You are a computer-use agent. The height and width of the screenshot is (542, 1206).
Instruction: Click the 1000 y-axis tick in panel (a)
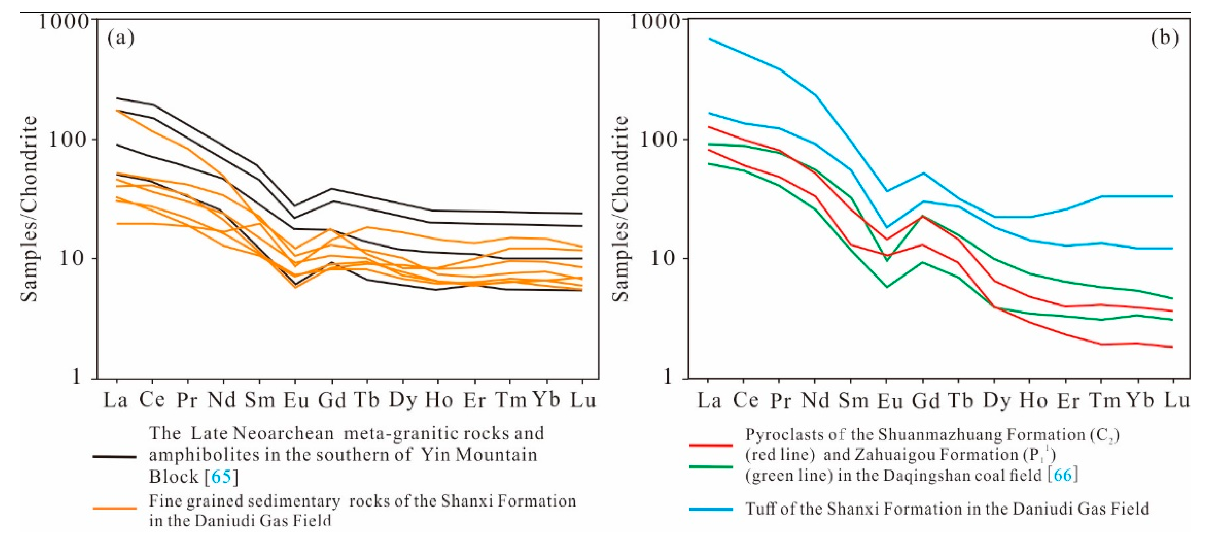[x=63, y=21]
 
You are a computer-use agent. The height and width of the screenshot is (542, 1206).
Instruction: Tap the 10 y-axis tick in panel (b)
[x=661, y=259]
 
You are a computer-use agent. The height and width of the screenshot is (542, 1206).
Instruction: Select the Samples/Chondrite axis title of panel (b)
[x=621, y=209]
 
